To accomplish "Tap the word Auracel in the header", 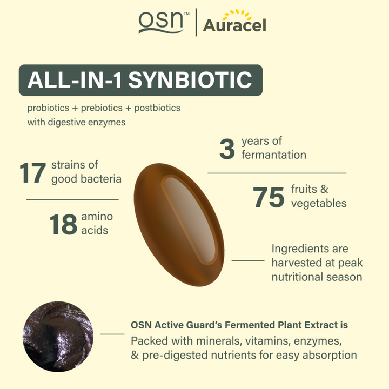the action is click(234, 25).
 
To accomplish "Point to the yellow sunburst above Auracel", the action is click(237, 14).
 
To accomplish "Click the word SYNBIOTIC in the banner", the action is click(190, 80).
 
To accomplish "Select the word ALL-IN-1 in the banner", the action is click(75, 80).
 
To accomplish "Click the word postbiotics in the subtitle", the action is click(157, 108).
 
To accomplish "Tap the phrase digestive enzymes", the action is click(86, 122).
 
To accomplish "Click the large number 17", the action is click(32, 173).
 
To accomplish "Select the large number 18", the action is click(63, 224).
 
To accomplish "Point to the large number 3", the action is click(227, 149).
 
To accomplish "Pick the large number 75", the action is click(269, 197).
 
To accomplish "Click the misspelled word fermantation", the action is click(274, 155).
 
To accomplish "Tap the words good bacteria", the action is click(86, 179).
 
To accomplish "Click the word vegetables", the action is click(319, 204).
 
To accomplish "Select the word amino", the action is click(97, 217).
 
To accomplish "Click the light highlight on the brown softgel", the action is click(190, 219).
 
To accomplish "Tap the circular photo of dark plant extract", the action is click(58, 337).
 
